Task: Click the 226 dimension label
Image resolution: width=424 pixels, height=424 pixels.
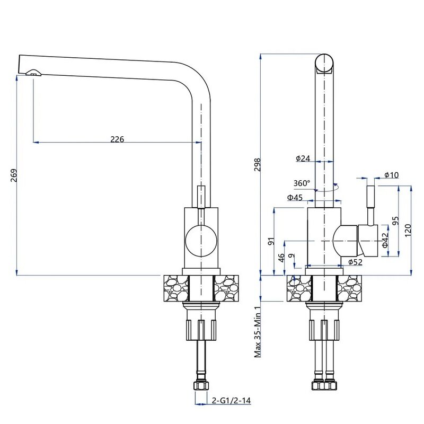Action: click(x=117, y=139)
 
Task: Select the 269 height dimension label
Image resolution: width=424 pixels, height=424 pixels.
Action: click(x=14, y=175)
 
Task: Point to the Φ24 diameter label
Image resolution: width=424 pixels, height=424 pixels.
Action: click(x=303, y=158)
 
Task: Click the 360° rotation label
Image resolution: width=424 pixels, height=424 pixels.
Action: click(x=302, y=183)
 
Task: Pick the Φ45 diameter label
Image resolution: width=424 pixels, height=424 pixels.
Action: click(x=295, y=198)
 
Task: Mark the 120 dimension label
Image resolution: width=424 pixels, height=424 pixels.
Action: click(x=407, y=230)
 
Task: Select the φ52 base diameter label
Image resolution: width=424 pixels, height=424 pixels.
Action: click(x=355, y=262)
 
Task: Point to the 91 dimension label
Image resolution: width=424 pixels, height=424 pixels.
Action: click(x=271, y=241)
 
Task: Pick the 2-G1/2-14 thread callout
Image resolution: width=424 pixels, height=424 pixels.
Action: click(x=231, y=401)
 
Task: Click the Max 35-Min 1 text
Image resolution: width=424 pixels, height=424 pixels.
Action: click(x=258, y=332)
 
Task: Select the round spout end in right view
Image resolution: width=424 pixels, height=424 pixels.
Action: click(x=324, y=63)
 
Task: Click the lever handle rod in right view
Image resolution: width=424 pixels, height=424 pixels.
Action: click(x=370, y=204)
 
